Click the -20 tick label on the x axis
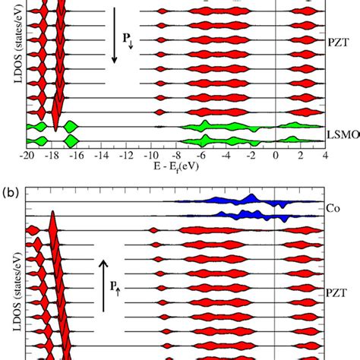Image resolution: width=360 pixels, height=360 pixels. [27, 156]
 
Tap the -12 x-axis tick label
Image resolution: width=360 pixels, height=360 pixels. [126, 156]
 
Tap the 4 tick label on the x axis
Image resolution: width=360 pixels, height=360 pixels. [325, 156]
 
